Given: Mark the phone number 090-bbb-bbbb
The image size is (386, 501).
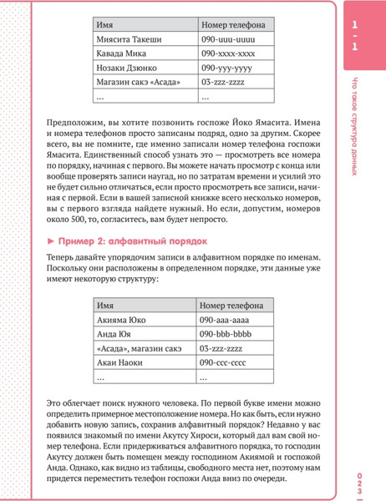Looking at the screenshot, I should tap(223, 333).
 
